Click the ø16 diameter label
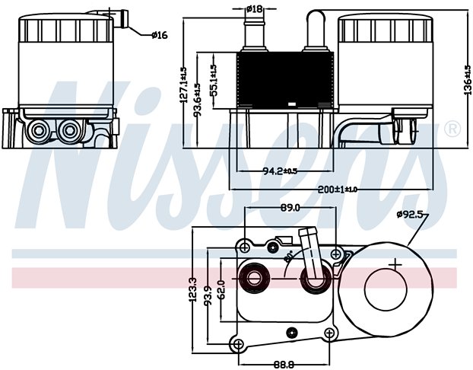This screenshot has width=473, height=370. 160,34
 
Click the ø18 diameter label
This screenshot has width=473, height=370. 255,8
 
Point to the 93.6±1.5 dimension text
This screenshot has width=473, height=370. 197,96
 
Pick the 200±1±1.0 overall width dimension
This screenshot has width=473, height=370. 335,188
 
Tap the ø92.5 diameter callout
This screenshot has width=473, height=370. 411,215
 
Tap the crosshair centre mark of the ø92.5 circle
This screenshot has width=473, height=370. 395,265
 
